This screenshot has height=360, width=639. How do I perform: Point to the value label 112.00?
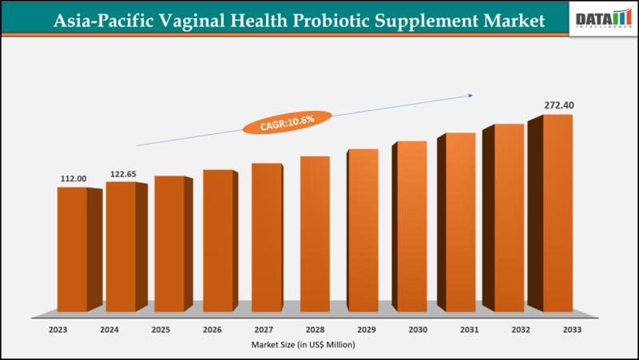73,179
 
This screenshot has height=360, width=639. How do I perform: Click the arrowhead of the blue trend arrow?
470,95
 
